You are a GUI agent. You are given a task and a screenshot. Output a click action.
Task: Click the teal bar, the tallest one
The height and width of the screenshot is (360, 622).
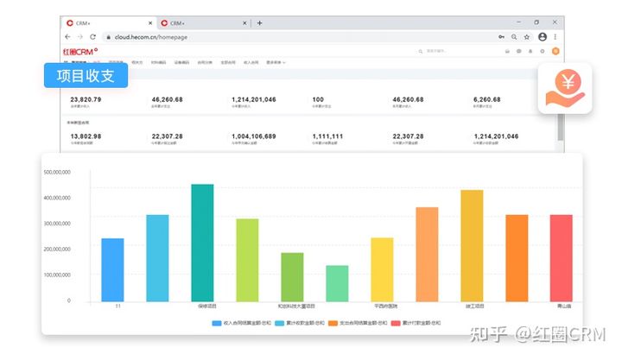(x=202, y=243)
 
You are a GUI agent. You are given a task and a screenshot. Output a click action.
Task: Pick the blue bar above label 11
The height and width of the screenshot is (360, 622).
(x=112, y=269)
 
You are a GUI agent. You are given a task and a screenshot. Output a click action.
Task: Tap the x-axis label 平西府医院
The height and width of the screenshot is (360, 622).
(x=382, y=306)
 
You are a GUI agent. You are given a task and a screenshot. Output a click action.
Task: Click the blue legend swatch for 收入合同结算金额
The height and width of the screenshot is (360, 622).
(x=217, y=323)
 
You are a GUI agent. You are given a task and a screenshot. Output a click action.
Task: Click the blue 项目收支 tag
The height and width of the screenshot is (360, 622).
(x=86, y=76)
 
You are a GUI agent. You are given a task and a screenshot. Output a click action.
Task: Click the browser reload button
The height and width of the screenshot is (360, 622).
(x=92, y=37)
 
